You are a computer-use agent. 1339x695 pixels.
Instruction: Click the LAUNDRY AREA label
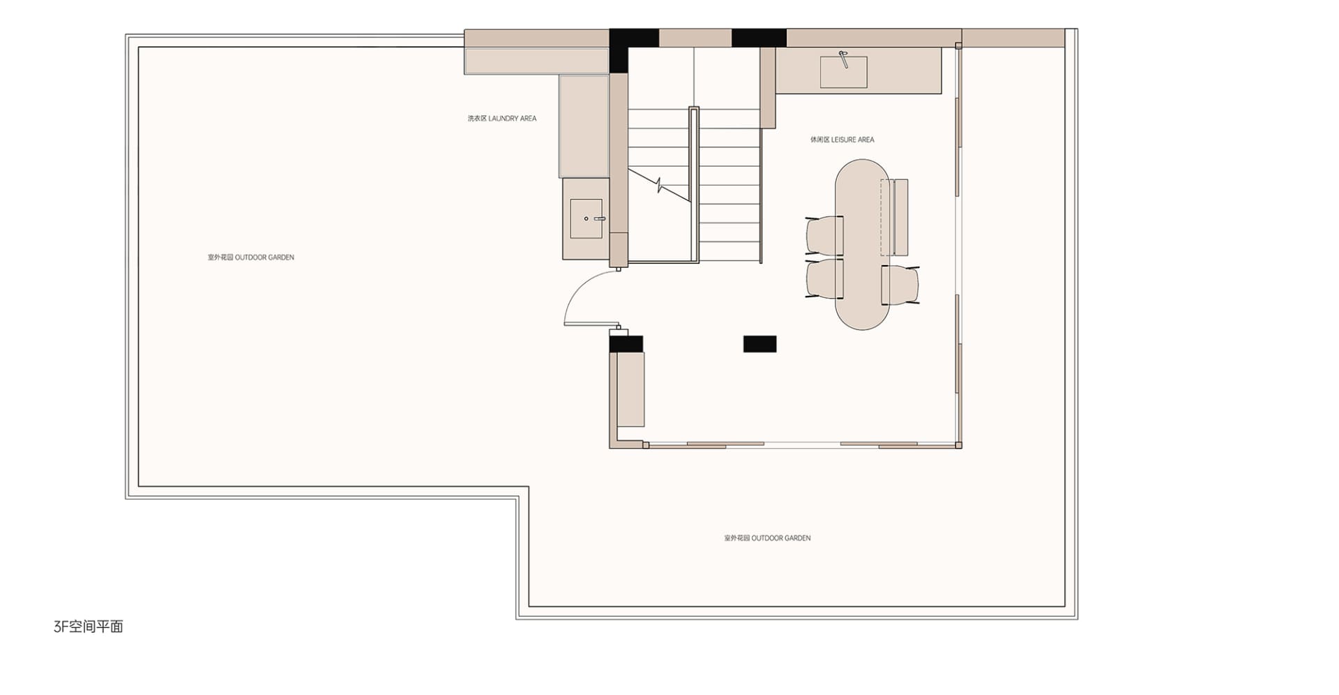502,119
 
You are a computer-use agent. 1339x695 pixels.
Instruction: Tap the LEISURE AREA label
842,140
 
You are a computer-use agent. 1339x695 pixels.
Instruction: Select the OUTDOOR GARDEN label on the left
251,257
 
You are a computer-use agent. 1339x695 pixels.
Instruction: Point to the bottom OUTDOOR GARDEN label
767,538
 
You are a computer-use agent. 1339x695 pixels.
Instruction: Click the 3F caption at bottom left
88,627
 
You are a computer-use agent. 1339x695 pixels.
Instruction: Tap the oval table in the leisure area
862,244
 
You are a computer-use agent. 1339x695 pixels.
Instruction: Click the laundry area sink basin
586,218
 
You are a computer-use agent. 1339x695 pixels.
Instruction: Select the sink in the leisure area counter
843,72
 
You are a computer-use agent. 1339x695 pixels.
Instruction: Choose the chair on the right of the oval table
900,285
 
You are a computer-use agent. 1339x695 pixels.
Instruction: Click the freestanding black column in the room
759,343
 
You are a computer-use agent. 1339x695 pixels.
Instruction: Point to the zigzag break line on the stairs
659,185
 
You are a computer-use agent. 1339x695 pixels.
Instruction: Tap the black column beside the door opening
626,344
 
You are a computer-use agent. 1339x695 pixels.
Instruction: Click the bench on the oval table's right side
895,217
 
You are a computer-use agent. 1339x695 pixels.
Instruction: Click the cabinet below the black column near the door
630,389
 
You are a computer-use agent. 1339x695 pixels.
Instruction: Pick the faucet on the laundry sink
598,218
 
